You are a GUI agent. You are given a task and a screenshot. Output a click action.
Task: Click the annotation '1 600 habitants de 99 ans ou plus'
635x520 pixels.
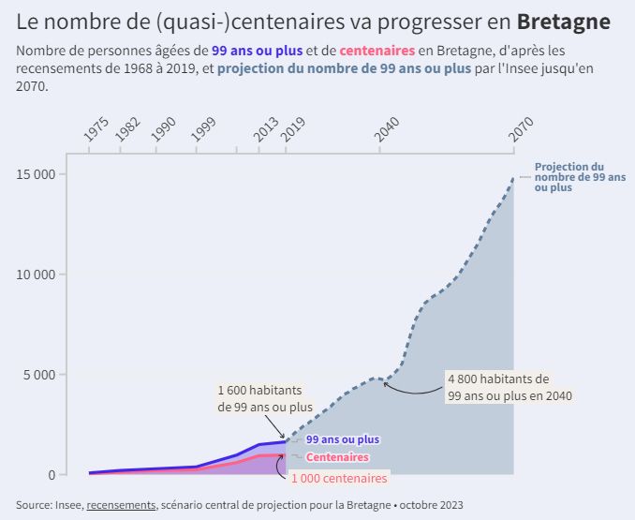tap(265, 398)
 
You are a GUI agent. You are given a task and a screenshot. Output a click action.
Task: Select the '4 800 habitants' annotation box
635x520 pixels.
tap(509, 387)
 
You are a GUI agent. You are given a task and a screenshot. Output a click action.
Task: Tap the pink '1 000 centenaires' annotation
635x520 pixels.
tap(338, 478)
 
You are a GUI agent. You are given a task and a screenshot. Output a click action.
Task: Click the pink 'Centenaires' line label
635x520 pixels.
tap(337, 457)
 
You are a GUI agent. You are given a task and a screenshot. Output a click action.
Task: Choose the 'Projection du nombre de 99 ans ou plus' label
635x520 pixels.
tap(580, 177)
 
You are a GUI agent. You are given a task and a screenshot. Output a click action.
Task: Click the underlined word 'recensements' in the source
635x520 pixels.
tap(121, 505)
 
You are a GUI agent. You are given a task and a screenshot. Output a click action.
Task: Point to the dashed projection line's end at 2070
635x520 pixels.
tap(513, 177)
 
